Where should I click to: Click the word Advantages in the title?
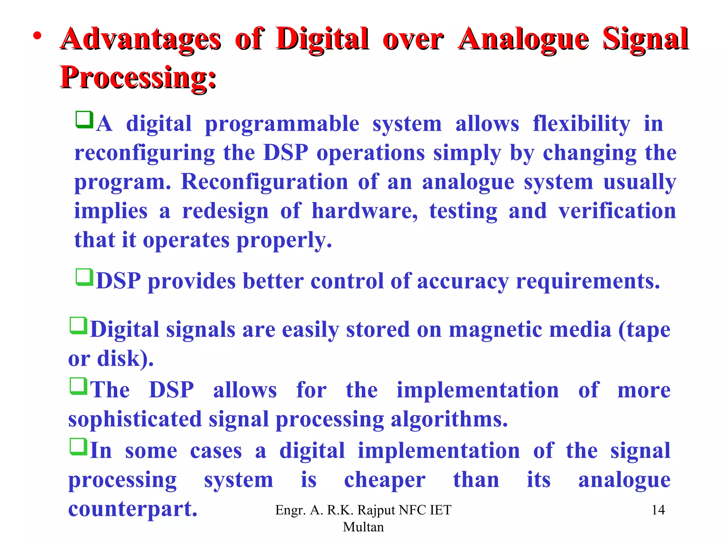141,39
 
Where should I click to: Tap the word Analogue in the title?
523,39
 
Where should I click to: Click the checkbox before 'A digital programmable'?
84,120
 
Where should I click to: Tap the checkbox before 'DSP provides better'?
84,277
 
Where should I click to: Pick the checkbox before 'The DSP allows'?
78,386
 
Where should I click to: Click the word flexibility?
581,124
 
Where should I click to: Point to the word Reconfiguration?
264,182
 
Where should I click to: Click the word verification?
617,211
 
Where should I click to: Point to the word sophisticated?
135,419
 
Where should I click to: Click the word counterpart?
132,509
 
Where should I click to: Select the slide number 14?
658,510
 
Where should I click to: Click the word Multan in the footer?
363,527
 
